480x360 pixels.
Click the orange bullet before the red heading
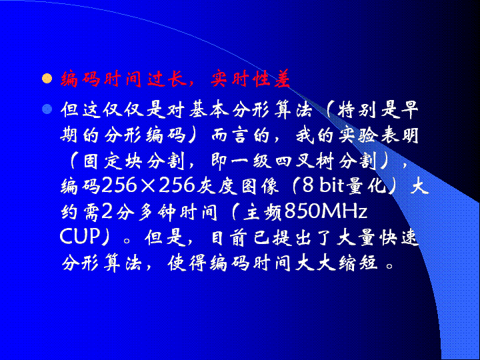click(x=47, y=79)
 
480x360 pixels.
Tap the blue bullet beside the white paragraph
click(x=47, y=109)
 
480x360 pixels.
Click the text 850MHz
click(x=326, y=211)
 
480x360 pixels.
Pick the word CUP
click(x=79, y=237)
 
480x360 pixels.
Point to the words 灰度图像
click(x=237, y=185)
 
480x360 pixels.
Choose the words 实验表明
click(x=379, y=135)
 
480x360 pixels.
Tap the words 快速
click(x=399, y=237)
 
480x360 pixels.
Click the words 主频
click(x=263, y=212)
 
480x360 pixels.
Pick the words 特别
click(x=357, y=109)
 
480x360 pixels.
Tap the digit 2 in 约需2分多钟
click(x=108, y=211)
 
